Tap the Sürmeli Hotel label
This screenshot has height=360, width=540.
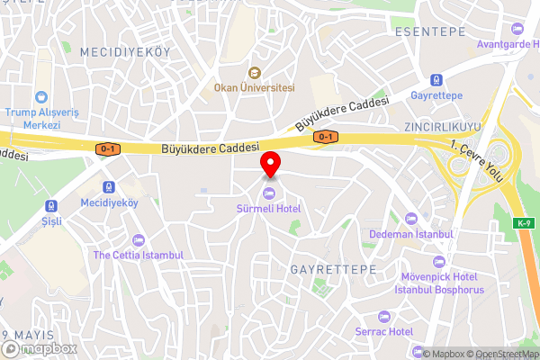tap(270, 209)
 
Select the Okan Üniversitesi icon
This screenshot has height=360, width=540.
tap(255, 73)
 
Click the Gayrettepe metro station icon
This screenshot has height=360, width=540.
tap(436, 78)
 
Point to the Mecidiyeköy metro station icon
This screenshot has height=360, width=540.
tap(109, 187)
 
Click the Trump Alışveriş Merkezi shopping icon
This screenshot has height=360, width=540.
tap(40, 97)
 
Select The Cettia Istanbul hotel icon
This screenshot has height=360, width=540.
tap(138, 239)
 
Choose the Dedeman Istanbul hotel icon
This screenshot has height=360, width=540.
tap(412, 219)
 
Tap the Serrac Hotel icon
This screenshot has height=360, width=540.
tap(383, 317)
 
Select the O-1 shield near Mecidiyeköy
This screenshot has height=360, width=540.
tap(108, 148)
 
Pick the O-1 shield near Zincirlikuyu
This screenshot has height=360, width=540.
tap(325, 137)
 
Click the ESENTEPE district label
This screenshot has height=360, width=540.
tap(430, 31)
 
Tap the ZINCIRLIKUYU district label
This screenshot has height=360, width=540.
tap(442, 126)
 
